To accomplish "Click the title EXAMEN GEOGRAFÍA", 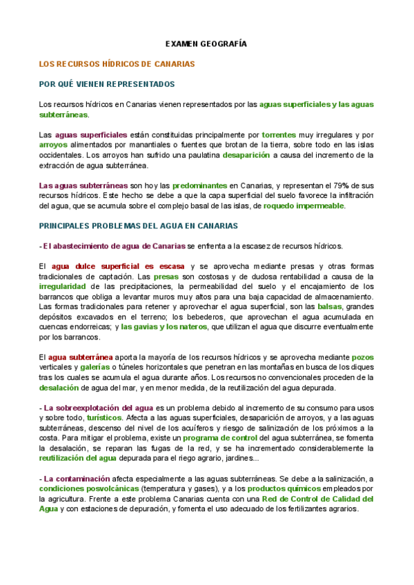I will coord(206,43).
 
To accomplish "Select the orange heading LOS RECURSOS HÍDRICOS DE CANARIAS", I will coord(117,64).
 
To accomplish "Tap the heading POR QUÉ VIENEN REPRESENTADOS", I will coord(107,84).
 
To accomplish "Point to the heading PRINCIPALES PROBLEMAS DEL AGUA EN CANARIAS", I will coord(139,226).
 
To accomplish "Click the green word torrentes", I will coord(279,135).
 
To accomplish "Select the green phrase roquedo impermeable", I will coord(304,206).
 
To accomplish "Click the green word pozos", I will coord(362,357).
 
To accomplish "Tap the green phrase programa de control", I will coord(221,438).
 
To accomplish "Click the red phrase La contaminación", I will coord(77,478).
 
